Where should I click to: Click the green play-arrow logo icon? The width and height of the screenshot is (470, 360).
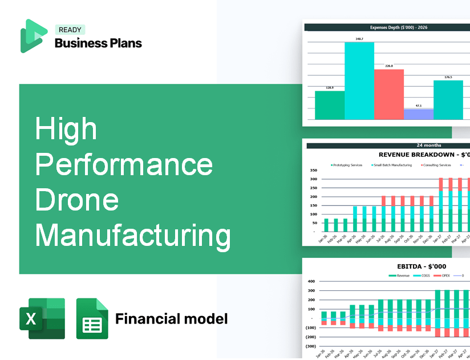coord(34,36)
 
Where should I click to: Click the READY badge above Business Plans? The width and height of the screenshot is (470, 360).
coord(69,30)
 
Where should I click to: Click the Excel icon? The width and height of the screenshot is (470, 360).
coord(42,319)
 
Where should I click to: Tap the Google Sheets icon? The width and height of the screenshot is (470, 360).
coord(92,319)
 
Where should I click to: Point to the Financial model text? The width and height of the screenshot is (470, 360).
coord(171,318)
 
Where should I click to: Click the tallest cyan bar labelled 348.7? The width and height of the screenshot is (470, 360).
coord(359,80)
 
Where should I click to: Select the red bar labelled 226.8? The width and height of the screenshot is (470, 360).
coord(389,94)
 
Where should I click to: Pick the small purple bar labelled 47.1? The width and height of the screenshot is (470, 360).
coord(418,114)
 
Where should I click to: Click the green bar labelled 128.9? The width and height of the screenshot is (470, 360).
coord(330,105)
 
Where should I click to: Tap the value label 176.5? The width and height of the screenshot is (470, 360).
coord(448,77)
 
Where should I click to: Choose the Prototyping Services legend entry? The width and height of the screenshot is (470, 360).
coord(347,165)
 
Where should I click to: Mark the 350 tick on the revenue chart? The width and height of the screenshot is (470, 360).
coord(313,171)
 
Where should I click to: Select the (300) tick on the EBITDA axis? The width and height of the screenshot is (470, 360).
coord(311,346)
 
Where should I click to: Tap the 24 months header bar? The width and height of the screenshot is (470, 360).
coord(388,145)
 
